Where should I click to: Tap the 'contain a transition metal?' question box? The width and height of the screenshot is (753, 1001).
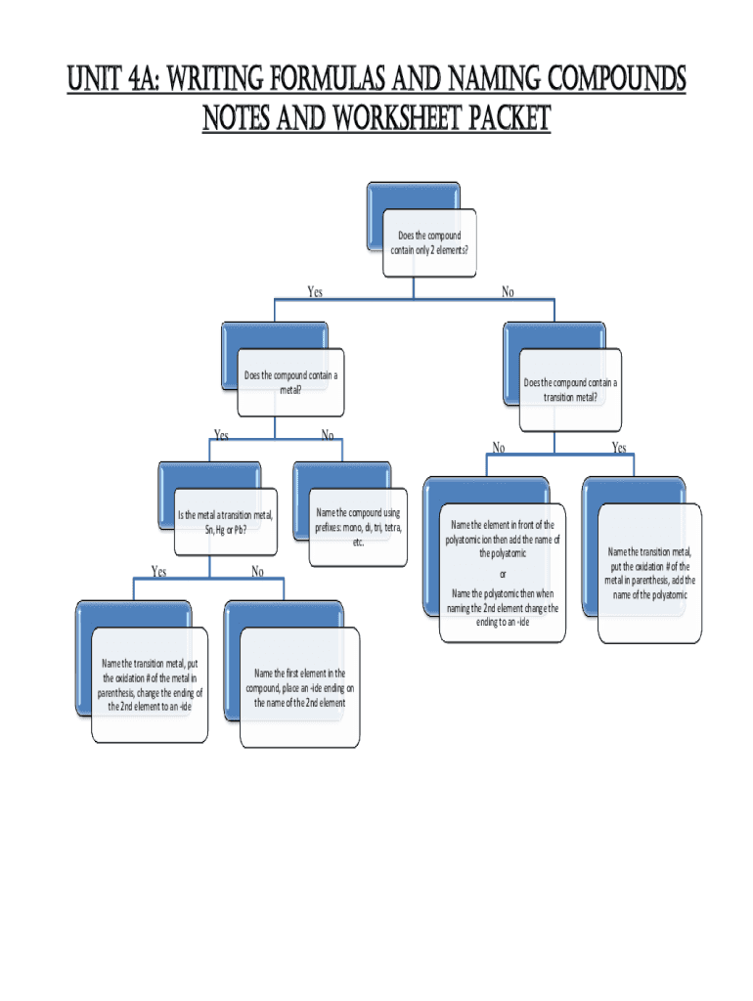click(570, 390)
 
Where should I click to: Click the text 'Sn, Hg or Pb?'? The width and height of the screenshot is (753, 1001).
click(225, 530)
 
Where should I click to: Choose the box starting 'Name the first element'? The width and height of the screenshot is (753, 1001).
click(300, 687)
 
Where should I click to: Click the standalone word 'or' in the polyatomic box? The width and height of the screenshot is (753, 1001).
click(503, 573)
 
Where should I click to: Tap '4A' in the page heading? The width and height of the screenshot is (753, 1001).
click(140, 77)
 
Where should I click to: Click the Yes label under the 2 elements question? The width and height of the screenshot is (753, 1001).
click(315, 291)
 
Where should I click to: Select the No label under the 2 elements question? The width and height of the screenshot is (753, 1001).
click(508, 291)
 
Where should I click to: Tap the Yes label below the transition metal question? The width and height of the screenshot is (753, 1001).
click(619, 448)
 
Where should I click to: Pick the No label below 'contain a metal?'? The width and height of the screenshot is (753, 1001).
click(327, 435)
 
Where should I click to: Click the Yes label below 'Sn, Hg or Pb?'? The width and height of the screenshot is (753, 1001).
click(158, 571)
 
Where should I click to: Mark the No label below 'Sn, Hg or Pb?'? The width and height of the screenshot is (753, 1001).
click(257, 571)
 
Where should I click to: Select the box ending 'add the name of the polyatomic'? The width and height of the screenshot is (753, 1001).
click(649, 573)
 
